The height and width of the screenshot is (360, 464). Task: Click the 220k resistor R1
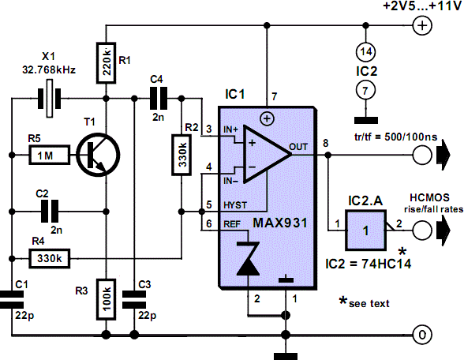[x=106, y=63]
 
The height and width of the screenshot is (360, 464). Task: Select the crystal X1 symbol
[x=50, y=98]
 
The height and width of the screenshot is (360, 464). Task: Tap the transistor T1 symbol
[x=98, y=155]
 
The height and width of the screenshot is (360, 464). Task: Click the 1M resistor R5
[x=50, y=155]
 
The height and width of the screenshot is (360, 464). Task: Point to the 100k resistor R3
[x=106, y=299]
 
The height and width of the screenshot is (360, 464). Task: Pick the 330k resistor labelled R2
[x=181, y=155]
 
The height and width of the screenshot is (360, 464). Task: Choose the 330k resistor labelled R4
[x=50, y=259]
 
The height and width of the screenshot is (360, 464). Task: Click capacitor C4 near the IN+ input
[x=159, y=98]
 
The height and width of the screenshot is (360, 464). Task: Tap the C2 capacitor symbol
[x=50, y=212]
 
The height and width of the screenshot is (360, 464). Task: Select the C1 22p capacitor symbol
[x=12, y=300]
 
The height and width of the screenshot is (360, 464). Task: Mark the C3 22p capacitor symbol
[x=134, y=300]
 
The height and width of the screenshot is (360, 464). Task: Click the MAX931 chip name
[x=280, y=223]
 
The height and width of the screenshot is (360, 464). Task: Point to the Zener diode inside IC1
[x=248, y=258]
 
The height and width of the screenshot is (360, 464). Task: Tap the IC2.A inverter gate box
[x=366, y=230]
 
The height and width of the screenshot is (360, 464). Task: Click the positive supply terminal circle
[x=422, y=26]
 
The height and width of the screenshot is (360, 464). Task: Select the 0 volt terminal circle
[x=422, y=335]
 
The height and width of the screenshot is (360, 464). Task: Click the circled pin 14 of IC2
[x=366, y=52]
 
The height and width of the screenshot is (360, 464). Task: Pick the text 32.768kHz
[x=49, y=69]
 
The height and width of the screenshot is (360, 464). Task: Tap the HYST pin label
[x=235, y=205]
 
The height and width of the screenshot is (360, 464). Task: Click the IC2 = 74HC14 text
[x=368, y=264]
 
